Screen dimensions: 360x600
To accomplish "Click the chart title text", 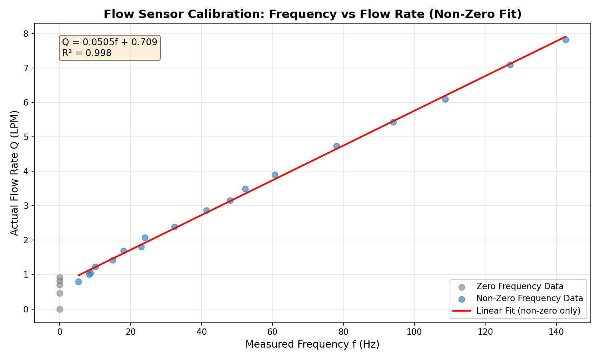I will tap(312, 14).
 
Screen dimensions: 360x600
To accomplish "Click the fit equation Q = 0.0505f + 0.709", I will tap(110, 42).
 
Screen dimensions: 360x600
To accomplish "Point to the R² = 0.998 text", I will tap(87, 53).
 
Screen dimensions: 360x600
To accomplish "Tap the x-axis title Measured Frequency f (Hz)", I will tap(312, 344).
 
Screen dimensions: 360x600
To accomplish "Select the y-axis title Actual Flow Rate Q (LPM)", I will tap(14, 173).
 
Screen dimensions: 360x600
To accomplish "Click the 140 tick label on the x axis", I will tap(556, 332).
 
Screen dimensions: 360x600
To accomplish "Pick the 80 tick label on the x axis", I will tap(343, 332).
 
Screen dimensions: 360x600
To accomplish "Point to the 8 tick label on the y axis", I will tap(27, 34).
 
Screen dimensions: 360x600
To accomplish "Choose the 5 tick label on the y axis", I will tap(27, 137).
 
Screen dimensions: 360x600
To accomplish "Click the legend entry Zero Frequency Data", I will tap(520, 286).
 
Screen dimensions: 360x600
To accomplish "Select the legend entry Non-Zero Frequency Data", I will tap(530, 298).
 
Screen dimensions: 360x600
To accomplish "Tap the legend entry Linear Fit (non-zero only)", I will tap(528, 310).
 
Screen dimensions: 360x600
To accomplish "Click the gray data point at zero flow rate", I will tap(60, 309).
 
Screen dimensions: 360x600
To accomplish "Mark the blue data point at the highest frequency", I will tap(566, 40).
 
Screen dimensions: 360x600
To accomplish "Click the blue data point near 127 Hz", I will tap(510, 65).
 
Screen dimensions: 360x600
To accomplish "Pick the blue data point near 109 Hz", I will tap(445, 99).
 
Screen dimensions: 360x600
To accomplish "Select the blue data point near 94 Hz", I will tap(393, 122).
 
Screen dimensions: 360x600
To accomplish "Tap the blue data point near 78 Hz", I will tap(336, 146).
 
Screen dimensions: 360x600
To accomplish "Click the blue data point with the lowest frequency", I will tap(78, 282).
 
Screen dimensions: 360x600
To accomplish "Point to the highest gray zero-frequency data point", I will tap(60, 277).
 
